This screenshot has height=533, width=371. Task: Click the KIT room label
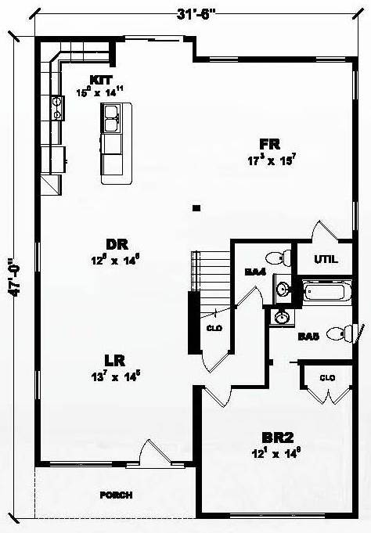pos(103,80)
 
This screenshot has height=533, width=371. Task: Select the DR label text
pos(118,243)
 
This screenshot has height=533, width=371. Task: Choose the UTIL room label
pos(326,259)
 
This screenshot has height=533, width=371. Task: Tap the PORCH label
pos(115,495)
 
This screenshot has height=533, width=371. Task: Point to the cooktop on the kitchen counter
pos(57,108)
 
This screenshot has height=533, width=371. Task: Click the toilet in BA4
pos(275,257)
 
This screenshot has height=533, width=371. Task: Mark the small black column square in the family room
pos(197,208)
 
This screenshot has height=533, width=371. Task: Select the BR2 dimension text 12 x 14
pos(276,452)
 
